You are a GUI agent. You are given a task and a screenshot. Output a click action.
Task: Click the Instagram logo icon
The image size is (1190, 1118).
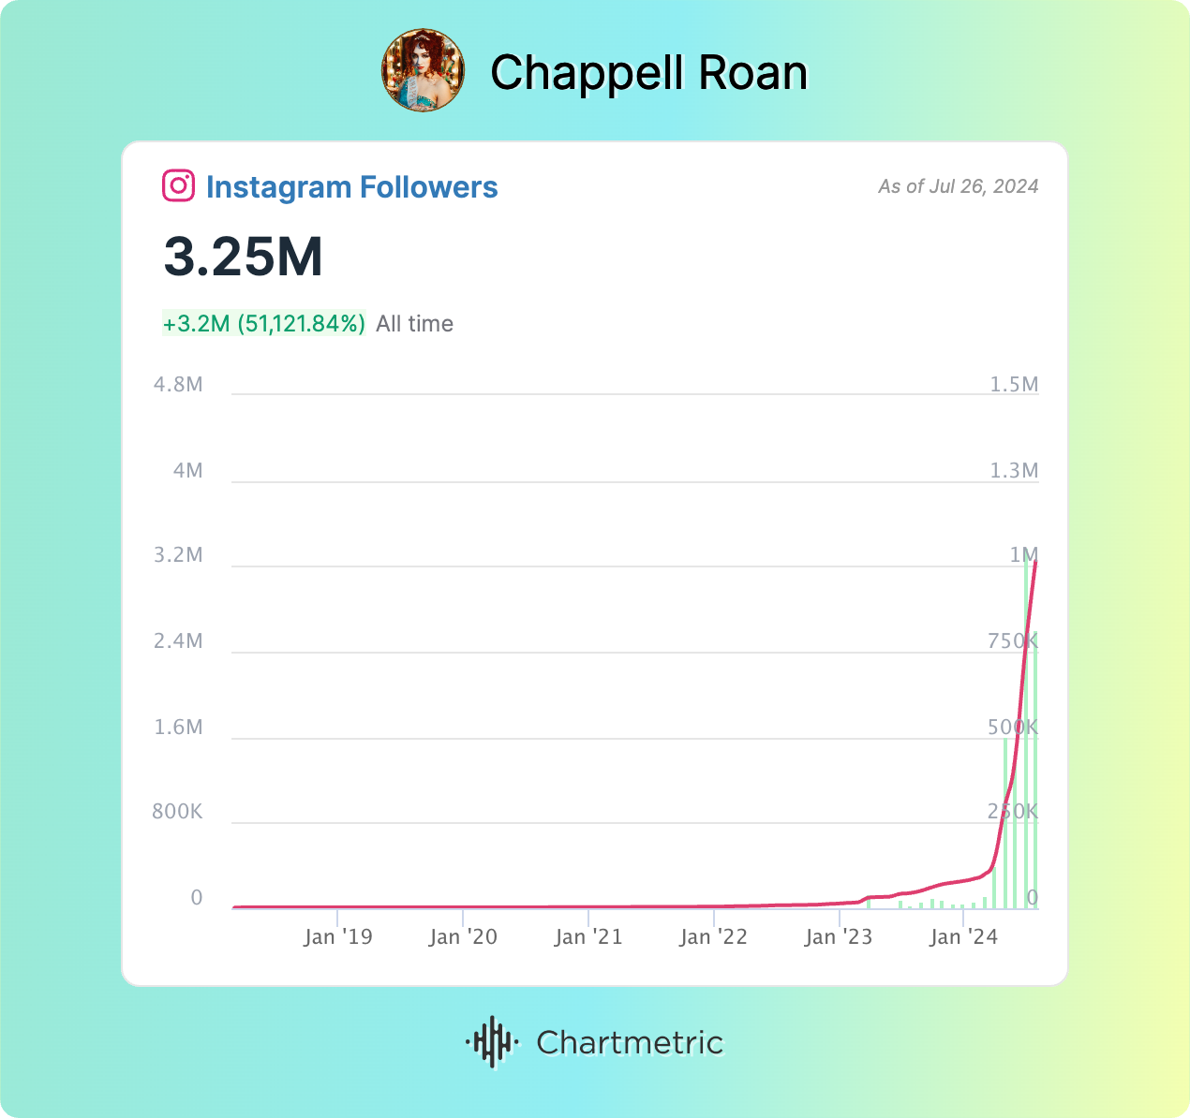pyautogui.click(x=178, y=185)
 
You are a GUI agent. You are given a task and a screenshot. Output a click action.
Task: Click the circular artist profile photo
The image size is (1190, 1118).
pyautogui.click(x=423, y=70)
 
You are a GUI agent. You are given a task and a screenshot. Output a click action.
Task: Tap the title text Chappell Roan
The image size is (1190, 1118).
pyautogui.click(x=648, y=73)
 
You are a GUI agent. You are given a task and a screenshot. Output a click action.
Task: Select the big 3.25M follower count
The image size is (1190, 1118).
pyautogui.click(x=244, y=257)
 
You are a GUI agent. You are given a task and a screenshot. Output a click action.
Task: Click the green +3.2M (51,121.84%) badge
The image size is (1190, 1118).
pyautogui.click(x=263, y=324)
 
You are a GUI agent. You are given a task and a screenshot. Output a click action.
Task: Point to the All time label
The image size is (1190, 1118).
pyautogui.click(x=414, y=324)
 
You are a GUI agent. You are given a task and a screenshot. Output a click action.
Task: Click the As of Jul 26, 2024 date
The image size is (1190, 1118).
pyautogui.click(x=958, y=186)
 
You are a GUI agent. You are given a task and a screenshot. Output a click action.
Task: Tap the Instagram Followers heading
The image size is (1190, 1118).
pyautogui.click(x=351, y=186)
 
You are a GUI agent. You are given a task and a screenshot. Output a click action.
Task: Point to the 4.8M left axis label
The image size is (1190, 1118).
pyautogui.click(x=178, y=385)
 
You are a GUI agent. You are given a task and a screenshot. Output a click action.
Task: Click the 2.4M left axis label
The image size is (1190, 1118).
pyautogui.click(x=178, y=641)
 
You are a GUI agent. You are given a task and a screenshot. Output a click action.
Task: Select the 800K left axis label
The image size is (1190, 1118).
pyautogui.click(x=177, y=811)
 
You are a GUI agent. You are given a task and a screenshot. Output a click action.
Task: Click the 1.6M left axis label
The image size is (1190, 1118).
pyautogui.click(x=178, y=728)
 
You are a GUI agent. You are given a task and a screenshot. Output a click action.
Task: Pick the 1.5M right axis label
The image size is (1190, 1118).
pyautogui.click(x=1014, y=385)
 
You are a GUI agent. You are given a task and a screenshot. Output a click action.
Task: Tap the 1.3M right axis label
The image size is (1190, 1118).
pyautogui.click(x=1014, y=470)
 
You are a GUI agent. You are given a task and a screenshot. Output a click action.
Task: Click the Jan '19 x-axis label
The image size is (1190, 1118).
pyautogui.click(x=337, y=937)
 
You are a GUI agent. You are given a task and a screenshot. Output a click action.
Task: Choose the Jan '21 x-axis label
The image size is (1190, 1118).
pyautogui.click(x=588, y=937)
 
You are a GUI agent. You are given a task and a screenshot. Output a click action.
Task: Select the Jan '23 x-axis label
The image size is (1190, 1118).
pyautogui.click(x=839, y=937)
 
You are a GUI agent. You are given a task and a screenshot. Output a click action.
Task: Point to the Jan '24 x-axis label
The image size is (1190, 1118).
pyautogui.click(x=963, y=937)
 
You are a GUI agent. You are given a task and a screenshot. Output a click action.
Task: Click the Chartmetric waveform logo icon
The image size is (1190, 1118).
pyautogui.click(x=492, y=1041)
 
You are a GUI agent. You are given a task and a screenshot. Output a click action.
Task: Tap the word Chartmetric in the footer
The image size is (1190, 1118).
pyautogui.click(x=630, y=1042)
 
